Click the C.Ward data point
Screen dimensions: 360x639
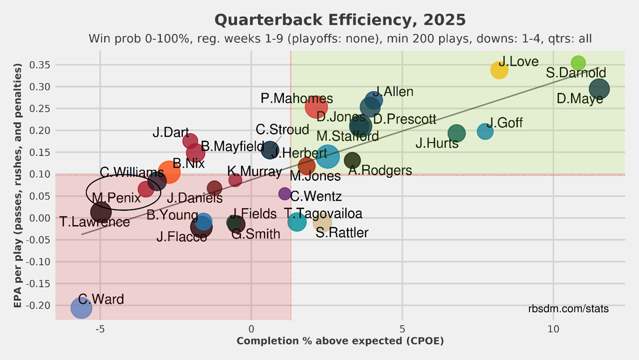coord(81,308)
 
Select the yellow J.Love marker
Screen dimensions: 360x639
coord(499,70)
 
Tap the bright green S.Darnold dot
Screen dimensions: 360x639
coord(578,63)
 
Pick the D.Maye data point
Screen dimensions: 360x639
coord(599,89)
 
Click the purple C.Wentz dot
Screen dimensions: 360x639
coord(285,194)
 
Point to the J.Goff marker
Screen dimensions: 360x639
coord(485,132)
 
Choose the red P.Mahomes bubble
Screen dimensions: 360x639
coord(316,107)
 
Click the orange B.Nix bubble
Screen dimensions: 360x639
coord(169,172)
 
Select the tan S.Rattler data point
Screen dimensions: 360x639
coord(323,223)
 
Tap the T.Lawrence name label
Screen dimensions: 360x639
coord(95,222)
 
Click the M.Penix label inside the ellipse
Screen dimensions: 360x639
coord(117,198)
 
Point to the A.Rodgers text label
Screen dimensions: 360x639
coord(380,171)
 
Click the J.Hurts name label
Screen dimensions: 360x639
coord(437,143)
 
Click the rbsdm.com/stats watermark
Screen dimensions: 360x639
coord(568,309)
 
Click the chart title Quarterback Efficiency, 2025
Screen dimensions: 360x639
coord(340,20)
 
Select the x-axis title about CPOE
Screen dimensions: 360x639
coord(340,341)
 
